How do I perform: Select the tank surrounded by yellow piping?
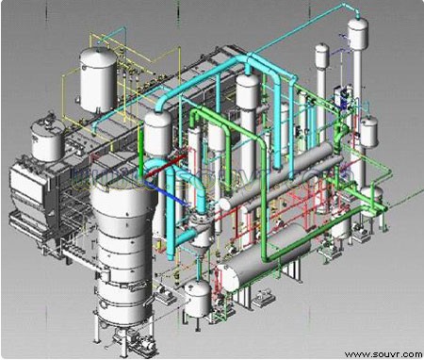coord(98,79)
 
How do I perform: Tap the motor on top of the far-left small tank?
coord(50,120)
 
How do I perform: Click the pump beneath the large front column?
coord(134,341)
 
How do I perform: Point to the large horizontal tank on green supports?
coord(264,257)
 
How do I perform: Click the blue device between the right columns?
coord(343,97)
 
